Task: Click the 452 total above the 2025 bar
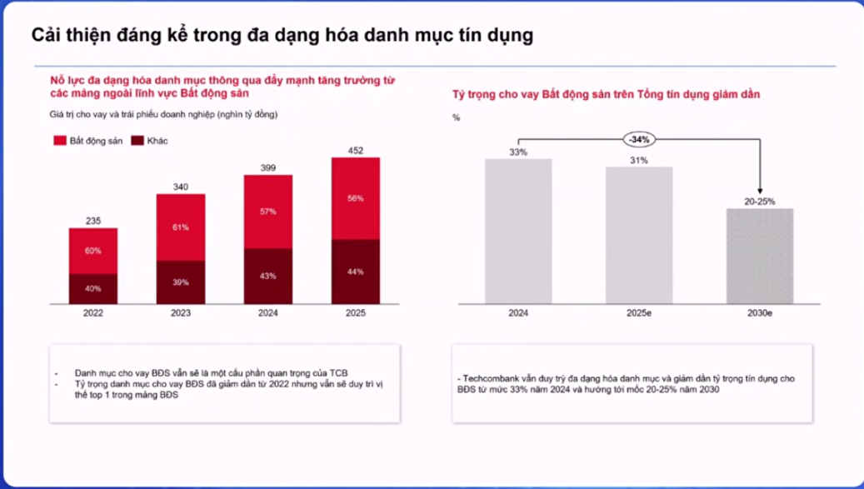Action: (356, 151)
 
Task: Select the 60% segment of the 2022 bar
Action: (92, 251)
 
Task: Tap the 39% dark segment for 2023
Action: (181, 282)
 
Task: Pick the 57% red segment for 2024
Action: (268, 212)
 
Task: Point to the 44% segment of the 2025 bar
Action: (356, 272)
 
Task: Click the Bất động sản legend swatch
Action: (58, 141)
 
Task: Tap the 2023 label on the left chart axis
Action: (181, 313)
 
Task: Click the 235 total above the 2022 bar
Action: (92, 221)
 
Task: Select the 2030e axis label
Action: (760, 313)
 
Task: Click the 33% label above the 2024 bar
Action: (517, 152)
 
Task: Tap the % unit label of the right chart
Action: (456, 117)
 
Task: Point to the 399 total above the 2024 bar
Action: (268, 167)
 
